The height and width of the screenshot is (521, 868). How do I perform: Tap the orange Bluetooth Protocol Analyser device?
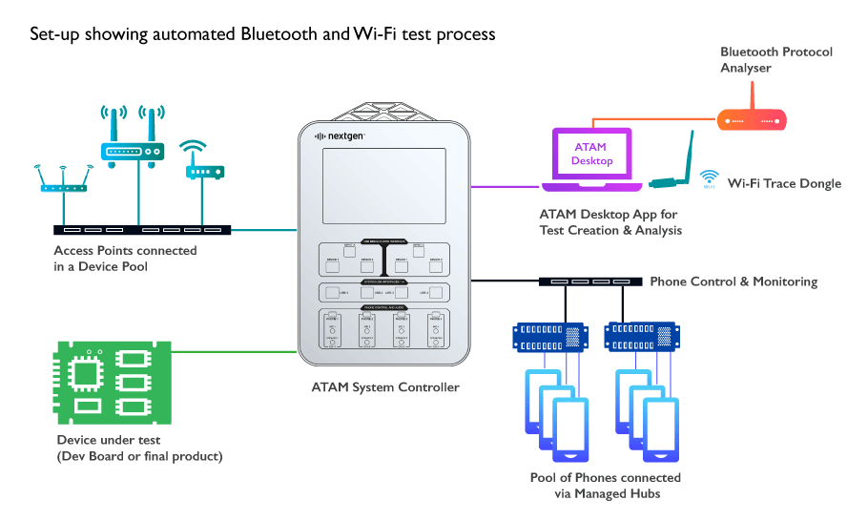pyautogui.click(x=752, y=119)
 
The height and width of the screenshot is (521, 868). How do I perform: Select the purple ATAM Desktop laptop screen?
pyautogui.click(x=589, y=154)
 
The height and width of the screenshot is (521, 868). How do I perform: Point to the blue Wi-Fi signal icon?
pyautogui.click(x=709, y=178)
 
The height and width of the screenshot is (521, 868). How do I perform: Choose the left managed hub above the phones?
pyautogui.click(x=548, y=337)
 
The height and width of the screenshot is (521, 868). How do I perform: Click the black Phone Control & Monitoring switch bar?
pyautogui.click(x=589, y=281)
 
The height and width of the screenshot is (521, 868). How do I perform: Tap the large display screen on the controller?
pyautogui.click(x=382, y=185)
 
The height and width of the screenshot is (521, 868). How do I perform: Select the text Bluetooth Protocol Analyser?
pyautogui.click(x=776, y=60)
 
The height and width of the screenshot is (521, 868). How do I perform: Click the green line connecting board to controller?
pyautogui.click(x=235, y=351)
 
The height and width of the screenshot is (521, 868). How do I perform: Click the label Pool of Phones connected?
pyautogui.click(x=606, y=477)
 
